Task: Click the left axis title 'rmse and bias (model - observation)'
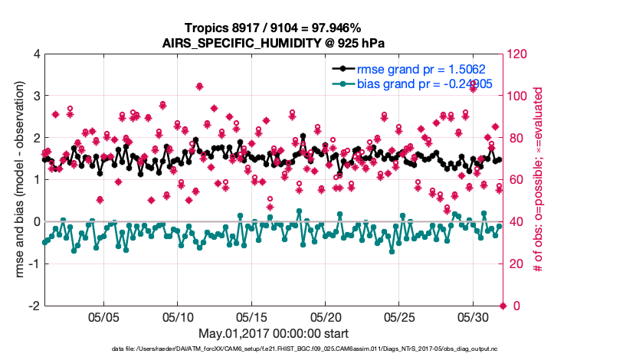click(x=17, y=180)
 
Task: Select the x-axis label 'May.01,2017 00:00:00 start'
click(x=274, y=333)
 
